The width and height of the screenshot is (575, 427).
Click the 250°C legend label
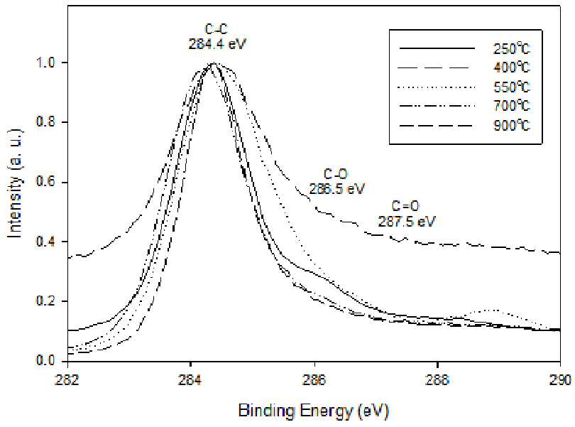[512, 48]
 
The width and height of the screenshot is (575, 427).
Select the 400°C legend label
[512, 67]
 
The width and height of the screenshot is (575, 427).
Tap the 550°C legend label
[512, 87]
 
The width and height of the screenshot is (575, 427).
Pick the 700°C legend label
[512, 106]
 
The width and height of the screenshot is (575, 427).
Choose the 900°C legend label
[512, 126]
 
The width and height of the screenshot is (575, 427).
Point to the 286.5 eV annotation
[337, 189]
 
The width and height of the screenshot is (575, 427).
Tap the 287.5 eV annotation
[407, 222]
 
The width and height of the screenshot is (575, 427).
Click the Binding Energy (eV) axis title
[314, 411]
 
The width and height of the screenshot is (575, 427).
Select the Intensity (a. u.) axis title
[15, 183]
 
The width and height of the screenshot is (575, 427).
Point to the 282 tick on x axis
[68, 379]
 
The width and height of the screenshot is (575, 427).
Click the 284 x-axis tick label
[191, 379]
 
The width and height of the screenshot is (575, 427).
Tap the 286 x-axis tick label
[314, 379]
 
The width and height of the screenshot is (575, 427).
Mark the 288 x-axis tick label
[437, 379]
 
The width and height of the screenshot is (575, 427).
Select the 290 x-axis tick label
[561, 379]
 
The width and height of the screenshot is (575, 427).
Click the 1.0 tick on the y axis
[45, 63]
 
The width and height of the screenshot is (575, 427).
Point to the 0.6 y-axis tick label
[45, 182]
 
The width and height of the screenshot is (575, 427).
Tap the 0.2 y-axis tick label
[45, 301]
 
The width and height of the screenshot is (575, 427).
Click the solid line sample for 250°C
[437, 48]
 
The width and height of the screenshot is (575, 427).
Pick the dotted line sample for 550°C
[437, 87]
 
